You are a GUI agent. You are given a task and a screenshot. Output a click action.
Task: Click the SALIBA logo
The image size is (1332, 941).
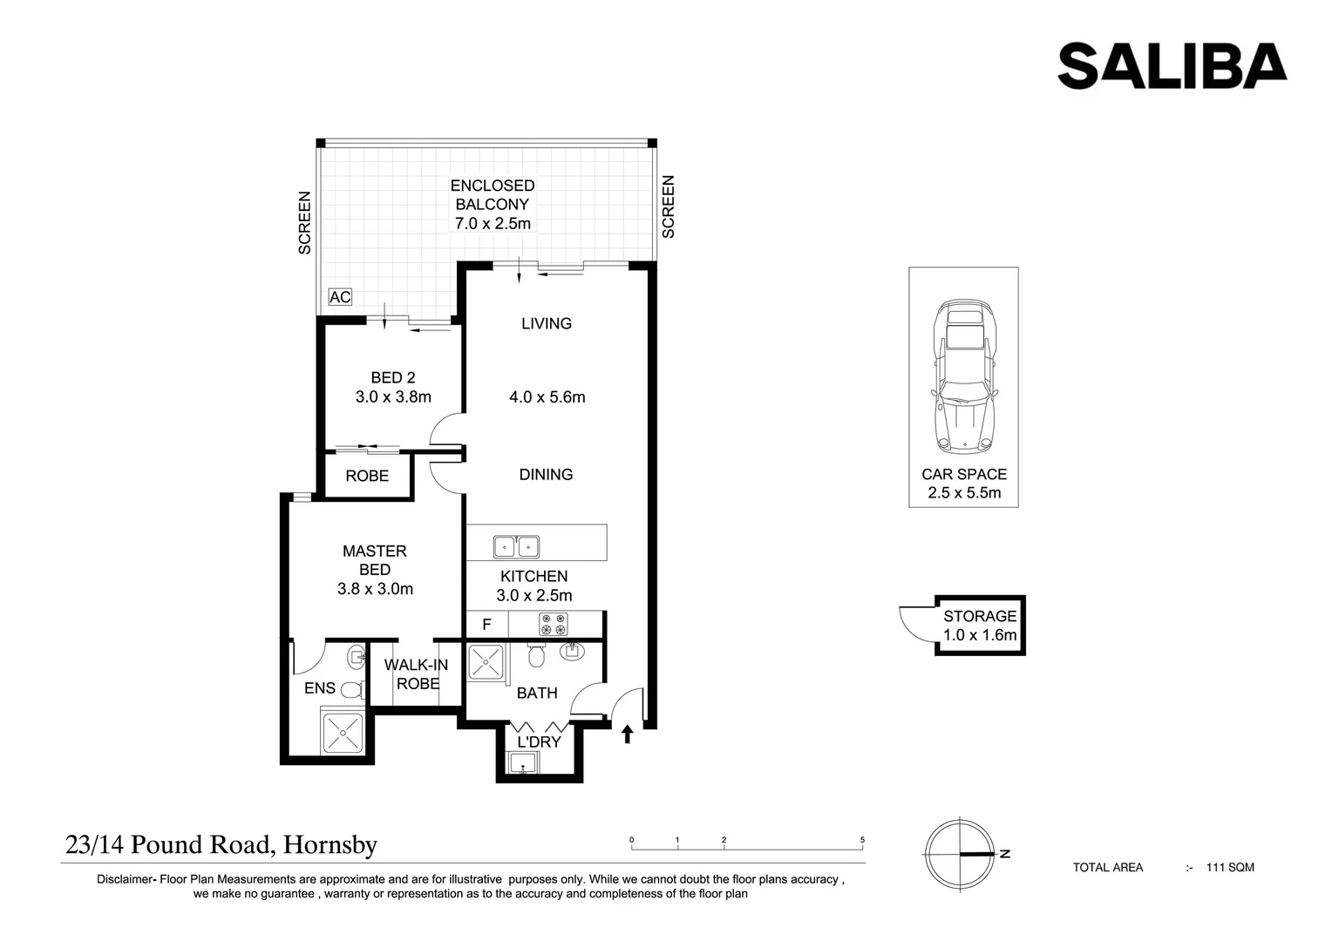(x=1172, y=66)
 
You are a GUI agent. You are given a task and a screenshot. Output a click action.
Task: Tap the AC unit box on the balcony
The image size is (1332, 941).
(x=340, y=297)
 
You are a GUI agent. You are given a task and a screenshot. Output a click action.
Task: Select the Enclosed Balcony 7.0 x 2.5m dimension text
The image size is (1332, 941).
(x=493, y=223)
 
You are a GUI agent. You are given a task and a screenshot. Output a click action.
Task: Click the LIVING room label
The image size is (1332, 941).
(x=547, y=323)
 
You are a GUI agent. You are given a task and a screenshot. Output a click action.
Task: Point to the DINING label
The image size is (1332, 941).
(x=546, y=475)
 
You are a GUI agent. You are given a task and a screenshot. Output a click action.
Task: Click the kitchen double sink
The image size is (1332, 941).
(x=516, y=546)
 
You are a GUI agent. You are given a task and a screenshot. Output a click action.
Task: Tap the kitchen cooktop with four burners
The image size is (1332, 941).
(x=553, y=624)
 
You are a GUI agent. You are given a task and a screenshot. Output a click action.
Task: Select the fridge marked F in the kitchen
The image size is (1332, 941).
(x=486, y=624)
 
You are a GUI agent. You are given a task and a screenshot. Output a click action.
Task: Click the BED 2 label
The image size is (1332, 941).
(x=393, y=377)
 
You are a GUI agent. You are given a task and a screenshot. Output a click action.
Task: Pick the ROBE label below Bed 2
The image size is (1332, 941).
(x=367, y=477)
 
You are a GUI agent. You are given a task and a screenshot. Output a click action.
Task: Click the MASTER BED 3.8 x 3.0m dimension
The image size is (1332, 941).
(x=375, y=589)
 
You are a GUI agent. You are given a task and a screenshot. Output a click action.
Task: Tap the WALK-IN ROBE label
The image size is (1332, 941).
(x=417, y=674)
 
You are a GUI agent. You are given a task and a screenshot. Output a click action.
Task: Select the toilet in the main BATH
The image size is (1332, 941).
(x=536, y=655)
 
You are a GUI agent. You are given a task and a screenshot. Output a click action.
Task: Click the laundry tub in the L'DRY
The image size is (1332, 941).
(x=524, y=762)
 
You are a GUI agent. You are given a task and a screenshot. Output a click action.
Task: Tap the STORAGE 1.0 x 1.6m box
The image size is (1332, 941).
(x=980, y=626)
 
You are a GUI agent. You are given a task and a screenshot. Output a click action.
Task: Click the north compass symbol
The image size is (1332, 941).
(x=960, y=854)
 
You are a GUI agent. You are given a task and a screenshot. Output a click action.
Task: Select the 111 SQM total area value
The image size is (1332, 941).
(x=1230, y=868)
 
